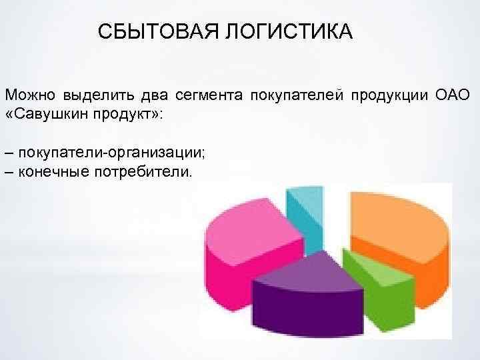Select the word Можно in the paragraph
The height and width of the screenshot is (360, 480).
coord(29,96)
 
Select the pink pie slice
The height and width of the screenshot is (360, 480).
coord(240,240)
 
